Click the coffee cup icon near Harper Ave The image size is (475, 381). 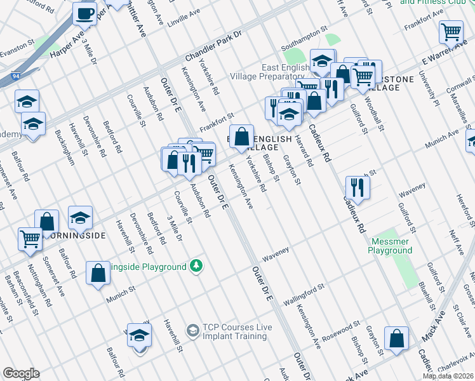point(84,13)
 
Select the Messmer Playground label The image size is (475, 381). point(390,245)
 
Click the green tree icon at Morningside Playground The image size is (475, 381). point(197,265)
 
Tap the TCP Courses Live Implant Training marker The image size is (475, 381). point(192,331)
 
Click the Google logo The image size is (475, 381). point(20,373)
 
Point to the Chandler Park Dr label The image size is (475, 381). point(211,46)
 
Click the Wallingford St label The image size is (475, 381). point(304,293)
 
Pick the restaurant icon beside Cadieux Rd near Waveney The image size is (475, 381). point(358,187)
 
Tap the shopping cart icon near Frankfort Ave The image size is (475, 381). point(450,31)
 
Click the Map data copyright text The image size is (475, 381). point(448,376)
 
